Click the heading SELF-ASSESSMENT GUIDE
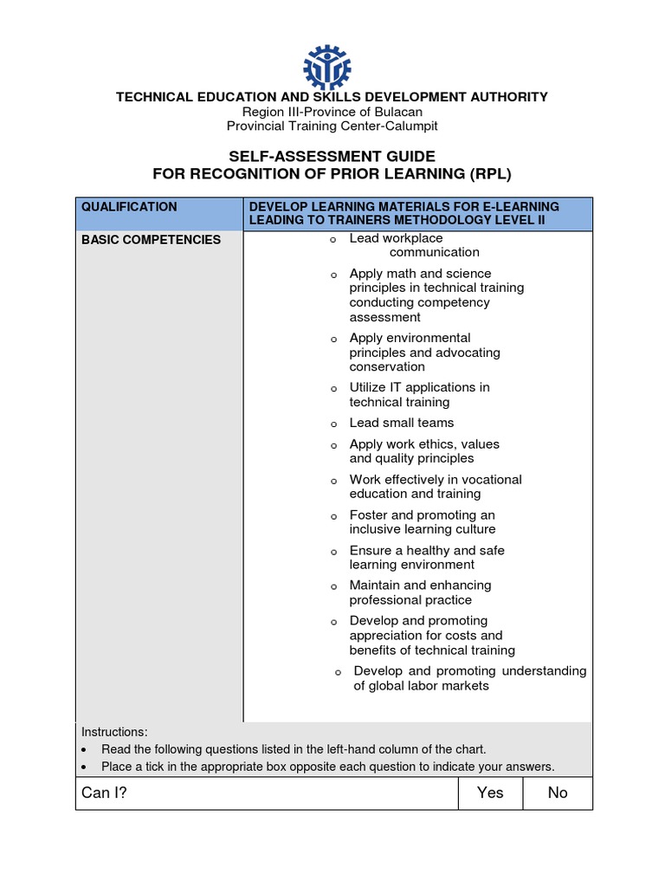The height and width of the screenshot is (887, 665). (332, 157)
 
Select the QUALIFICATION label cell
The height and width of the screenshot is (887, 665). (129, 207)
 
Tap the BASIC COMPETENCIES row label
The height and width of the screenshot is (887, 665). (151, 240)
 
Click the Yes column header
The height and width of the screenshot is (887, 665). (490, 793)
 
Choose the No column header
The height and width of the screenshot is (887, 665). (558, 793)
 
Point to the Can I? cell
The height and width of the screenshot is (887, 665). (104, 793)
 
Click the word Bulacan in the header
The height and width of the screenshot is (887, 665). (397, 112)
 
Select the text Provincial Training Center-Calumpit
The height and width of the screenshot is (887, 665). (332, 126)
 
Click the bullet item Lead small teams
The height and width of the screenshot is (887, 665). (401, 423)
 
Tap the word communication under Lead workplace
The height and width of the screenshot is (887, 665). (434, 253)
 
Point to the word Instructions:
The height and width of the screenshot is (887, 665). (114, 731)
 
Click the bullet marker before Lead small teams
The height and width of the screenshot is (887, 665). (332, 425)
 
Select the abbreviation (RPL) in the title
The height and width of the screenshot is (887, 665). (480, 174)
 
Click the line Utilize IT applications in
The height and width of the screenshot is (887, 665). (419, 387)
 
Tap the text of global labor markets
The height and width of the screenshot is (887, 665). (421, 686)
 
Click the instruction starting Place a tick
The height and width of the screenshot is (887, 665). (327, 767)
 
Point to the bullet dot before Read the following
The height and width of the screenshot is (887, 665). (83, 750)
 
